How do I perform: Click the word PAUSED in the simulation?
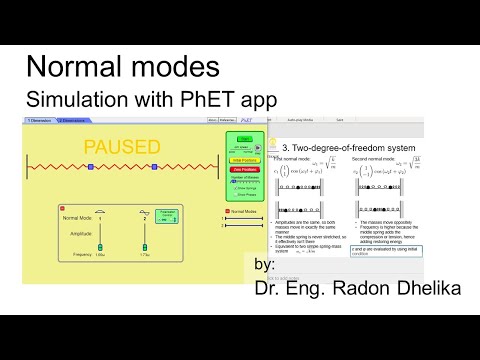[121, 147]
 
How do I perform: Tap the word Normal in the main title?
[71, 67]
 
